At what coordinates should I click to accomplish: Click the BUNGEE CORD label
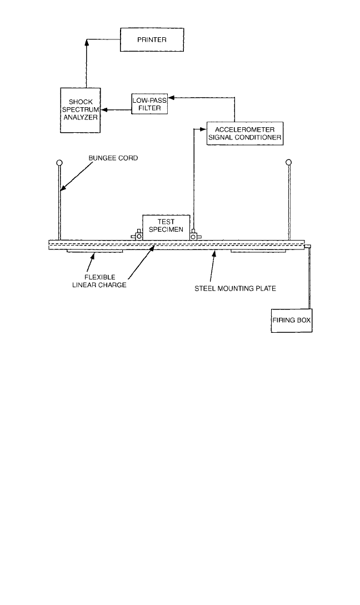coord(113,158)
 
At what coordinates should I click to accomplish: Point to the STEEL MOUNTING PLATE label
coord(235,288)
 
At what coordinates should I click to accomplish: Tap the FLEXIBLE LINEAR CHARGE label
coord(99,281)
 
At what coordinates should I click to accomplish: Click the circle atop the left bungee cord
coord(59,162)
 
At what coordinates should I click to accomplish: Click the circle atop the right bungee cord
coord(289,162)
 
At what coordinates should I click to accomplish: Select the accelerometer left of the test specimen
coord(137,235)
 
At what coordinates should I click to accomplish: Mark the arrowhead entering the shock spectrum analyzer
coord(104,110)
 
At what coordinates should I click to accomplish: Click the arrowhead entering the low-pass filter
coord(171,97)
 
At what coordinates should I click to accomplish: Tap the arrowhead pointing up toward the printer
coord(86,42)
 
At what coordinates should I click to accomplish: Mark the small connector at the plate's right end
coord(308,246)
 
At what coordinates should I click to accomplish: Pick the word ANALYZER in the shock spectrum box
coord(81,117)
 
